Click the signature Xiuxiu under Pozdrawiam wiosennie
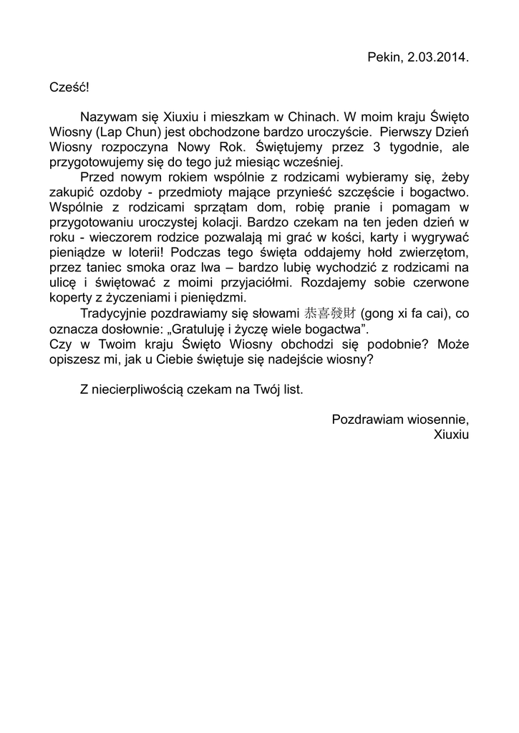[451, 434]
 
